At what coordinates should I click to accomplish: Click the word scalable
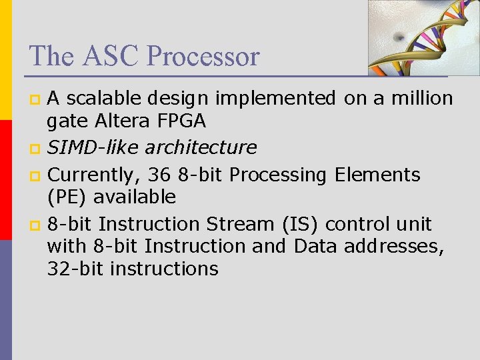click(x=103, y=99)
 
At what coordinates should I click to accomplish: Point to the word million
click(x=421, y=99)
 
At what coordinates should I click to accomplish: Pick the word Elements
click(x=377, y=175)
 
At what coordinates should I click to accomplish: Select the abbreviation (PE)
click(x=67, y=197)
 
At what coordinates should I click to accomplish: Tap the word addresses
click(x=393, y=246)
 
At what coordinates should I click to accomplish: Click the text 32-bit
click(x=75, y=269)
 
